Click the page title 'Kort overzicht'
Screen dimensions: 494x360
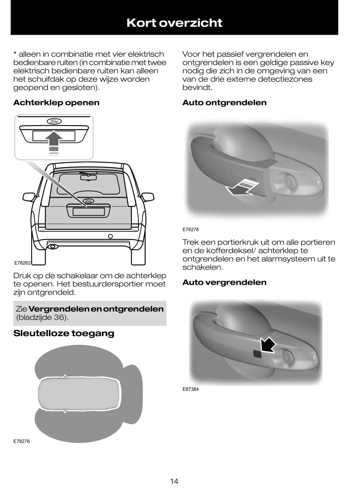(174, 23)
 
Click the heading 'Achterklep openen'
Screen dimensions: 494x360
(56, 103)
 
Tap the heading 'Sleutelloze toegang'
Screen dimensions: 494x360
(64, 333)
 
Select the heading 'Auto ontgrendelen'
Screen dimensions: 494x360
(224, 103)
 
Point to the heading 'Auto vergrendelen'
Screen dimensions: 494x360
(224, 282)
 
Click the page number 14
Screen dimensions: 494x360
(174, 481)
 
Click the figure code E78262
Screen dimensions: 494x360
(22, 263)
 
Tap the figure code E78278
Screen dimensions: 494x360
(191, 229)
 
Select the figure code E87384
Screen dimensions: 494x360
(191, 389)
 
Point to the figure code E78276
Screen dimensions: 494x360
(21, 441)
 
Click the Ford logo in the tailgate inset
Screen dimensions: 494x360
(54, 121)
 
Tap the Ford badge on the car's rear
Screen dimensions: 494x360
(89, 201)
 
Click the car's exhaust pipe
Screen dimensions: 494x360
(52, 246)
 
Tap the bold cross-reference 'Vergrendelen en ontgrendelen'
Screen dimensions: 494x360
(96, 309)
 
